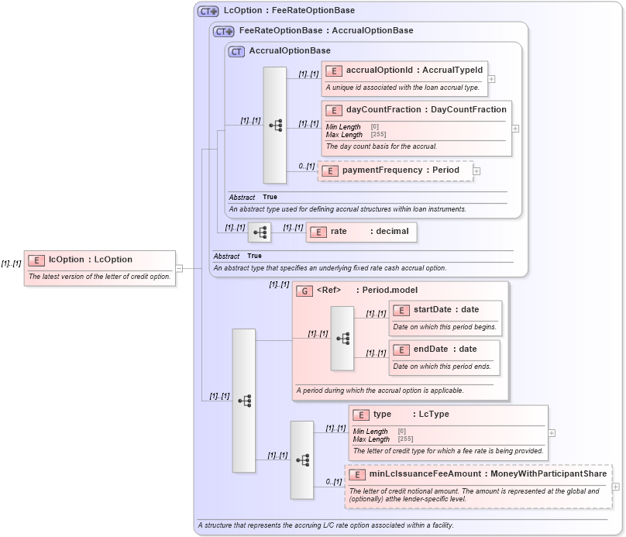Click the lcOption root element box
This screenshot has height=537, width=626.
point(100,267)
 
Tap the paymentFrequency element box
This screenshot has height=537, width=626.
point(395,170)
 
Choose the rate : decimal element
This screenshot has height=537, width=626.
point(362,232)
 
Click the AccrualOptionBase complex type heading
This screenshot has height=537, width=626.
point(289,51)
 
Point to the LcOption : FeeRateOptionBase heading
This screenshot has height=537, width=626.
point(288,11)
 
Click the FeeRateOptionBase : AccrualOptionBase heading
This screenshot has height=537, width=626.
point(326,31)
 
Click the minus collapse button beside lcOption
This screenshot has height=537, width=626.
point(179,268)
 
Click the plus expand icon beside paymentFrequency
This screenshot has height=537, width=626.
point(477,171)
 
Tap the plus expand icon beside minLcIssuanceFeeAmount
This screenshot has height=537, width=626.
point(615,487)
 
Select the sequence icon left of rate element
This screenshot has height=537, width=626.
point(260,232)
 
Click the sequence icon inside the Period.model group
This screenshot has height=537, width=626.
point(342,338)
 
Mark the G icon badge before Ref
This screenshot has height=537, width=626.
point(305,291)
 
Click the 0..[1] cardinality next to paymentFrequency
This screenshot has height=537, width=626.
point(307,166)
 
